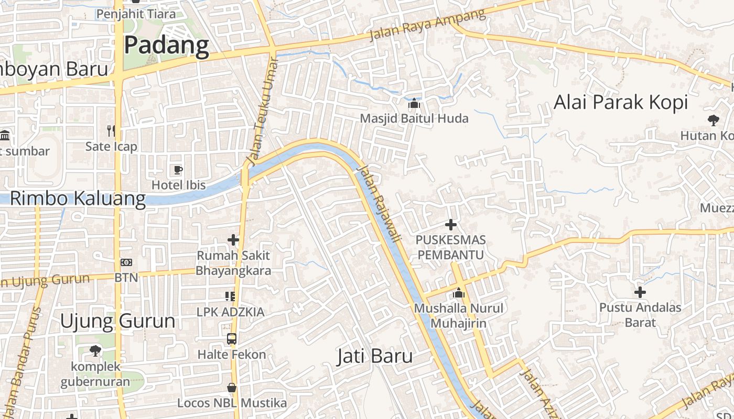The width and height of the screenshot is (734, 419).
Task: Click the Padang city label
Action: (x=166, y=46)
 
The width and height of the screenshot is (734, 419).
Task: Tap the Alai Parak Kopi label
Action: (x=621, y=102)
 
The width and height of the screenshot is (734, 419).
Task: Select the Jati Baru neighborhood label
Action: (x=374, y=357)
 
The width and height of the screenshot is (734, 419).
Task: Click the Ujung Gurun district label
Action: (x=117, y=321)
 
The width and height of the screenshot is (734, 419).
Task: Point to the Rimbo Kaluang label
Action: (x=78, y=199)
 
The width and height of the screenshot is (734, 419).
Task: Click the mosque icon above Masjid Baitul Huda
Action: (x=414, y=103)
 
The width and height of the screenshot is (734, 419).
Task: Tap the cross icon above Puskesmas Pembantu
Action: (x=450, y=225)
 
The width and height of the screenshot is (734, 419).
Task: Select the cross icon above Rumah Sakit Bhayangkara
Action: (x=233, y=240)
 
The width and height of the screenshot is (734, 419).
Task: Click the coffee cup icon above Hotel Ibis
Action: (x=178, y=169)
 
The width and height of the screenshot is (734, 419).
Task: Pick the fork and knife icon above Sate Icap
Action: (x=111, y=130)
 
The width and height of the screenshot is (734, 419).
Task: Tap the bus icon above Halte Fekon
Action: (x=232, y=338)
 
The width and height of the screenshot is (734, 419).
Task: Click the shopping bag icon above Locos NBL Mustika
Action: (x=232, y=388)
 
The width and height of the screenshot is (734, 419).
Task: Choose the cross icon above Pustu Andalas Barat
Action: (x=640, y=292)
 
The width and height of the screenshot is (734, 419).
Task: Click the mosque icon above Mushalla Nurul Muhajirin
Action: (x=459, y=293)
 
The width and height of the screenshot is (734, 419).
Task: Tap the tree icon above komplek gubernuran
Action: (x=95, y=350)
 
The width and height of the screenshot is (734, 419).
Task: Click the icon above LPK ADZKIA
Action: (x=230, y=296)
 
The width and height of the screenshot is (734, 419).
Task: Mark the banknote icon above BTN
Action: (x=126, y=262)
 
